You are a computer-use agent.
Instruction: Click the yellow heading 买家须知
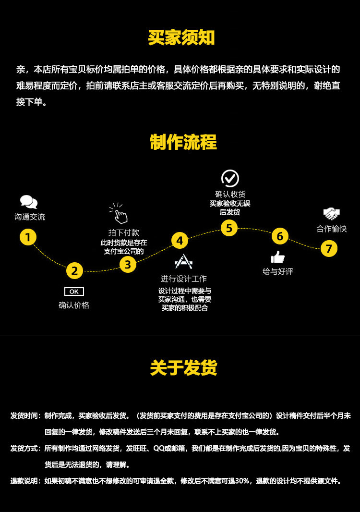pyautogui.click(x=181, y=38)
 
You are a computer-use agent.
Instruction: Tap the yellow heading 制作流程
pyautogui.click(x=183, y=142)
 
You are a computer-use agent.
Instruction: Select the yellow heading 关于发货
pyautogui.click(x=183, y=367)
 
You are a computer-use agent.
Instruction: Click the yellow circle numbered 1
pyautogui.click(x=28, y=237)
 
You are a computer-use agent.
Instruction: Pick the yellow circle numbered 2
pyautogui.click(x=74, y=271)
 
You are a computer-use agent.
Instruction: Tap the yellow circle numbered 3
pyautogui.click(x=128, y=264)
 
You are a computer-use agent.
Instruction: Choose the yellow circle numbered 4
pyautogui.click(x=180, y=241)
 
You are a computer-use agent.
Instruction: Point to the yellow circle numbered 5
pyautogui.click(x=229, y=228)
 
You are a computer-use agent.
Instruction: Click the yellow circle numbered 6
pyautogui.click(x=280, y=236)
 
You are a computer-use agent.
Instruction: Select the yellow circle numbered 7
pyautogui.click(x=329, y=248)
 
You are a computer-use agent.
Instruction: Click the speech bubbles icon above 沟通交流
pyautogui.click(x=29, y=202)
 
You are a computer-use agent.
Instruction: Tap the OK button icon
pyautogui.click(x=74, y=292)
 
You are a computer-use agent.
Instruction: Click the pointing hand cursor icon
pyautogui.click(x=119, y=214)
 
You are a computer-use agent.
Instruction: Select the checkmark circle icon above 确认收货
pyautogui.click(x=230, y=178)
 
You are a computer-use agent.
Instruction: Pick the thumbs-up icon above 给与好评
pyautogui.click(x=277, y=257)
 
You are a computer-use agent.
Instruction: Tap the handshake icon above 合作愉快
pyautogui.click(x=331, y=214)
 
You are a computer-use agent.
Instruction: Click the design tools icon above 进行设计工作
pyautogui.click(x=183, y=262)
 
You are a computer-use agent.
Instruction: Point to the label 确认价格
pyautogui.click(x=74, y=305)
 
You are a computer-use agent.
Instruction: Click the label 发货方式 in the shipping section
pyautogui.click(x=25, y=448)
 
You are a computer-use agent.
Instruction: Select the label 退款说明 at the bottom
pyautogui.click(x=25, y=481)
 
